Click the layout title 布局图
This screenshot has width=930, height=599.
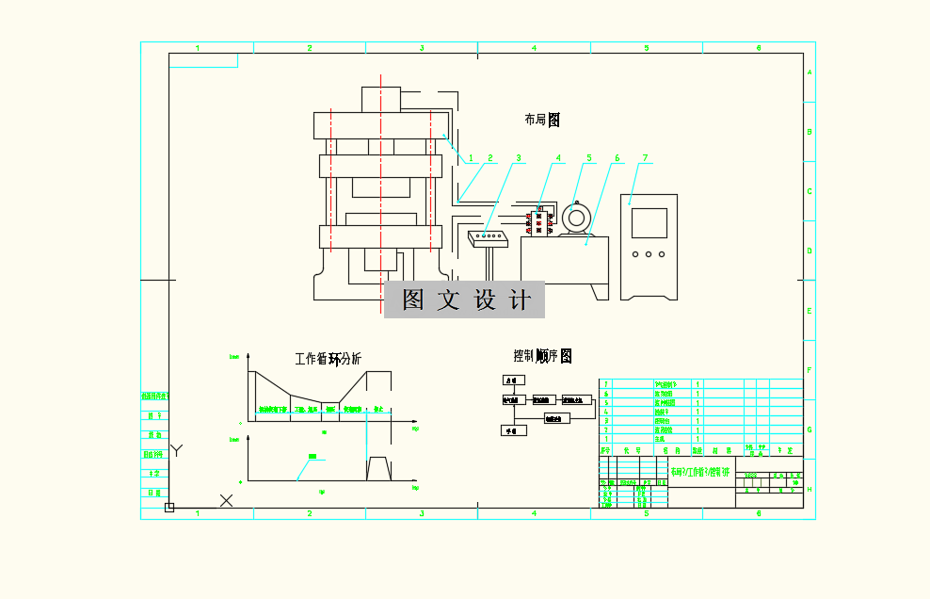tap(542, 120)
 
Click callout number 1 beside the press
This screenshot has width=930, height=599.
tap(472, 158)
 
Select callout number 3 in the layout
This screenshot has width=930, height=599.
tap(518, 158)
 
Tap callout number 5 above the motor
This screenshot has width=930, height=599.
tap(589, 158)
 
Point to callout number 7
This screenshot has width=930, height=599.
tap(646, 158)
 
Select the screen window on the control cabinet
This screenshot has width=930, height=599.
tap(649, 222)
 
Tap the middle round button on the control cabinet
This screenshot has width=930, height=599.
tap(649, 254)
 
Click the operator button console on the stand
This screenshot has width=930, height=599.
tap(488, 235)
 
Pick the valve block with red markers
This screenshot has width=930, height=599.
tap(539, 222)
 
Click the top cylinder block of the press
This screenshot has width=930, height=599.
tap(380, 99)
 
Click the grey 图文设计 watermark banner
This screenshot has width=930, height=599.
tap(464, 299)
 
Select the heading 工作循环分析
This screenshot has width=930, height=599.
tap(328, 359)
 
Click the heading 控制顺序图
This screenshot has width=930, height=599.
tap(542, 356)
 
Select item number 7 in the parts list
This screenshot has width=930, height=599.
tap(606, 384)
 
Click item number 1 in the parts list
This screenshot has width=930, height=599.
tap(606, 439)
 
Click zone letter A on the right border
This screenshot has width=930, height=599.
tap(810, 73)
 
